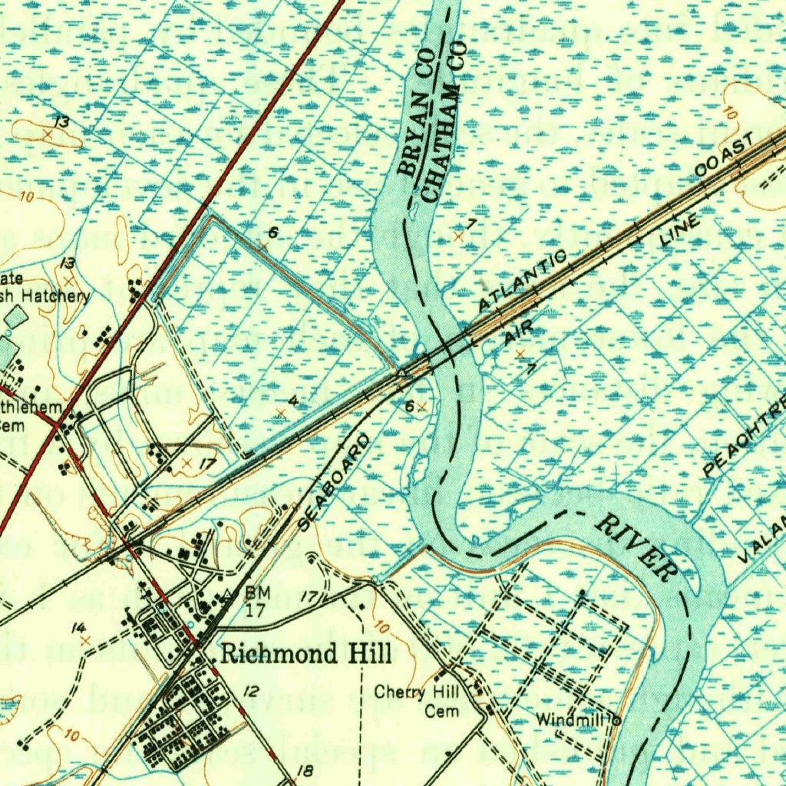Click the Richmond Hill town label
click(305, 654)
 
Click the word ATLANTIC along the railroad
click(523, 281)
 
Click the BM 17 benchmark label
click(256, 599)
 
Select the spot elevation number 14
click(78, 629)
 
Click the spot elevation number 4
click(292, 401)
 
